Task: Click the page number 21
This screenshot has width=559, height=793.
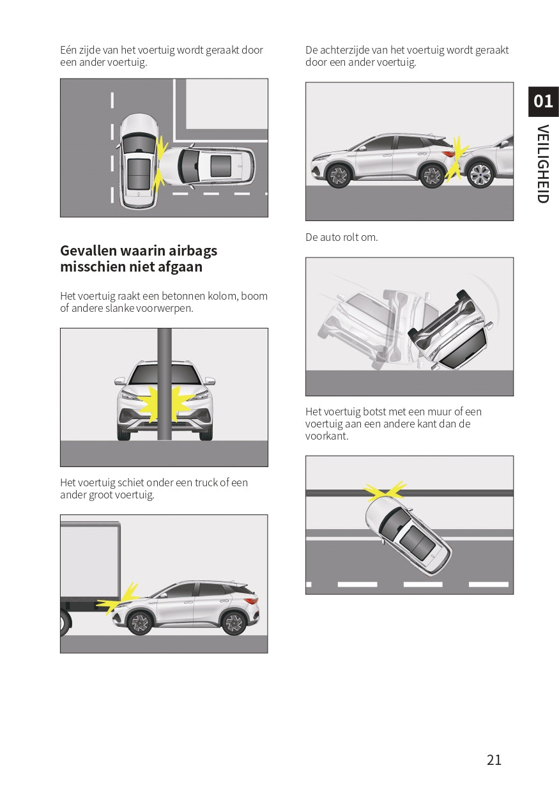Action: click(x=494, y=760)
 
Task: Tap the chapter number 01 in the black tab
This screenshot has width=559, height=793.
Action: click(x=543, y=101)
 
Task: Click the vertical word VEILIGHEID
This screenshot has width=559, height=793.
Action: click(x=543, y=164)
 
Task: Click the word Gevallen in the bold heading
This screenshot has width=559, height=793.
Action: click(x=88, y=250)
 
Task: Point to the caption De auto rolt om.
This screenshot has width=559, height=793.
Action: click(x=342, y=237)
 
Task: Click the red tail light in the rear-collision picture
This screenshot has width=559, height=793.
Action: click(x=449, y=154)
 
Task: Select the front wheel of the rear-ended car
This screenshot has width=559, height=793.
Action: click(x=339, y=175)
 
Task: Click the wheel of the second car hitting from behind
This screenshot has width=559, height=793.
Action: click(x=480, y=175)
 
